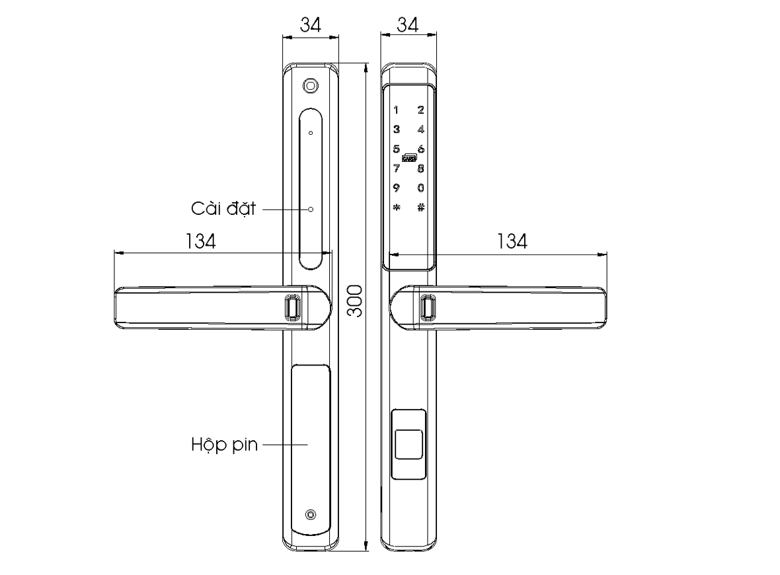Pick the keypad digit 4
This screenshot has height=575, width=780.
click(x=420, y=130)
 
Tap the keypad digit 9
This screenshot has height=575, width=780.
click(x=395, y=188)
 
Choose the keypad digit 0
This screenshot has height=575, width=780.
click(x=420, y=188)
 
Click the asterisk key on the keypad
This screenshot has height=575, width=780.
click(x=395, y=207)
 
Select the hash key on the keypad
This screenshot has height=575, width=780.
click(x=420, y=207)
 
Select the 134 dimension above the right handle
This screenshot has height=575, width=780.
click(x=512, y=242)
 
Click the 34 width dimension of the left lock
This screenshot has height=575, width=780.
click(x=311, y=25)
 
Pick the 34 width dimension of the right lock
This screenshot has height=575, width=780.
click(x=408, y=25)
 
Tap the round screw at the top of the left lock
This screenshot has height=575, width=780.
click(x=310, y=85)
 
